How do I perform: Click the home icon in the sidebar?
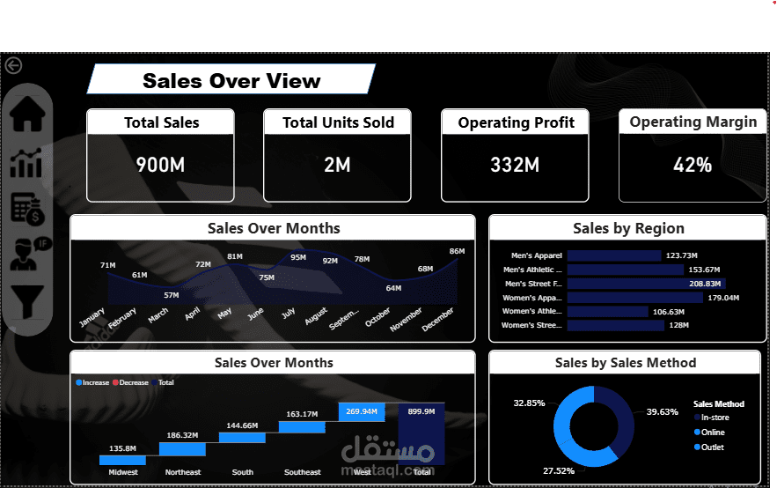(26, 115)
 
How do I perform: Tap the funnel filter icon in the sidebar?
(27, 301)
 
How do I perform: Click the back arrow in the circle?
(13, 65)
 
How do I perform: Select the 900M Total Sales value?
(160, 164)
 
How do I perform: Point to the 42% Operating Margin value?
(693, 165)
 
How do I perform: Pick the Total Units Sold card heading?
(338, 123)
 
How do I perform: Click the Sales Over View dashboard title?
(231, 81)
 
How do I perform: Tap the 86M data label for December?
(457, 252)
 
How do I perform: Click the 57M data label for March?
(172, 295)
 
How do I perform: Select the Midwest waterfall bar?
(122, 460)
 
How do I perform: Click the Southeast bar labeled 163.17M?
(302, 426)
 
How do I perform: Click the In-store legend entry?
(713, 418)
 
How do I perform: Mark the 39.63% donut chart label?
(662, 411)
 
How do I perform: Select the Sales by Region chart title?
(627, 228)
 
